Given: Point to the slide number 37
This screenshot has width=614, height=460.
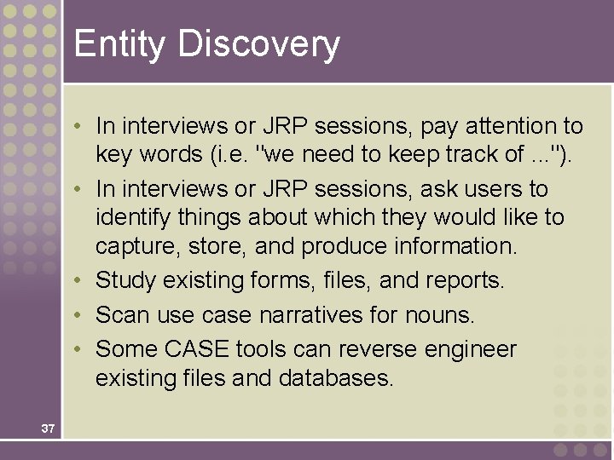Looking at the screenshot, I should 48,428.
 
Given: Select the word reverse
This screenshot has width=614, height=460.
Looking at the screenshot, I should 364,349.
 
